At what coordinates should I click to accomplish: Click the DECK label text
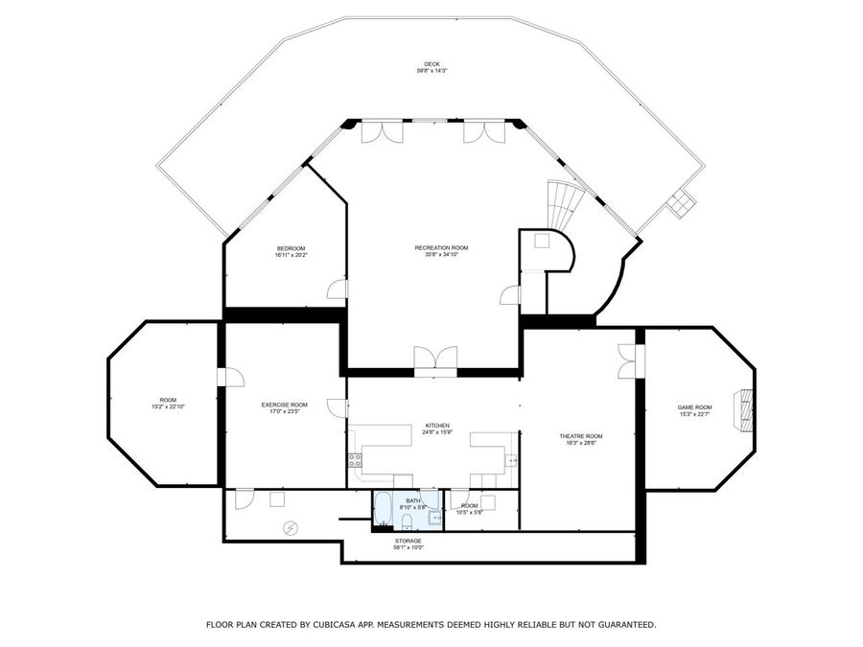pos(431,64)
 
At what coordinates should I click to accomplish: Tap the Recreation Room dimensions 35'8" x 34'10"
pos(441,255)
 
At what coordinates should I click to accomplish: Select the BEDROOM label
pos(290,248)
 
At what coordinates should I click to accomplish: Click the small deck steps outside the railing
pos(682,202)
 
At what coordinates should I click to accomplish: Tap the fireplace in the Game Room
pos(743,409)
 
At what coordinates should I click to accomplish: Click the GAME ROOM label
pos(695,407)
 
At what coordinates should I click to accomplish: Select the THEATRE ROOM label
pos(581,436)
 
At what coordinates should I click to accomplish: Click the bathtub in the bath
pos(381,507)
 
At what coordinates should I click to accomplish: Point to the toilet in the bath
pos(407,521)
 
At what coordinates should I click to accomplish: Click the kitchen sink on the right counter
pos(512,461)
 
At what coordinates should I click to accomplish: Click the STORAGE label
pos(408,541)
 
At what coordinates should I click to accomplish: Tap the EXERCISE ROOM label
pos(284,404)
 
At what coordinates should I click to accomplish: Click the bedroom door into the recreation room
pos(338,289)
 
